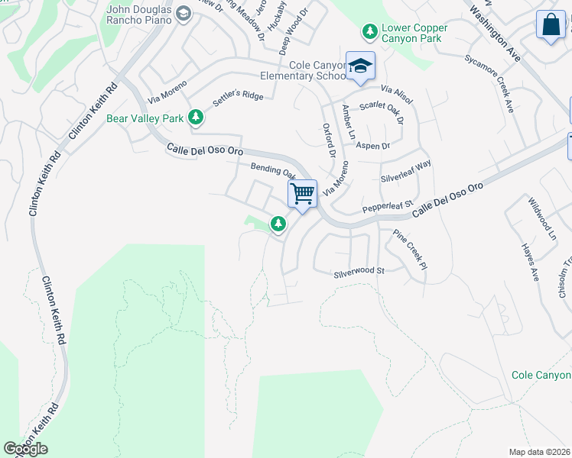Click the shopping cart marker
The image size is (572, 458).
point(302,194)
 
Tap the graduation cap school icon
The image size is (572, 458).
point(359,66)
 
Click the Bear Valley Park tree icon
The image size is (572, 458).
point(197,117)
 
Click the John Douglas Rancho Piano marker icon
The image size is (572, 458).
point(184,13)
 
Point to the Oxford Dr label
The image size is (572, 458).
point(329,140)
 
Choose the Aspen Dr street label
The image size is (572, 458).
point(374,145)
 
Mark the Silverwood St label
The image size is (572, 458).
point(358,271)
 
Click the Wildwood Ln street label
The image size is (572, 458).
point(541,219)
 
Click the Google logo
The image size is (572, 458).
point(25,449)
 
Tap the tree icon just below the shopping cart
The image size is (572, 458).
point(278,224)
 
